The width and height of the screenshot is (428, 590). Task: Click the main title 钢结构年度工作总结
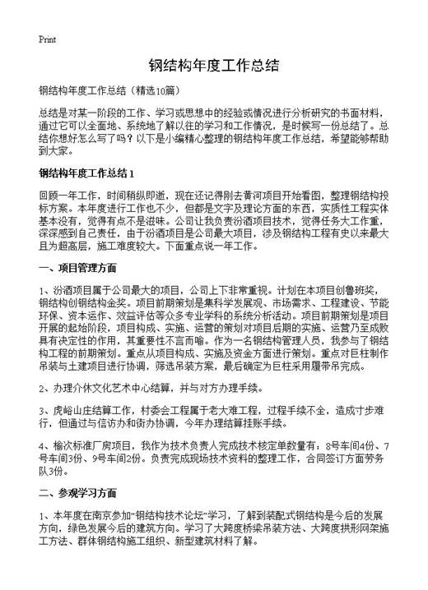pyautogui.click(x=214, y=66)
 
